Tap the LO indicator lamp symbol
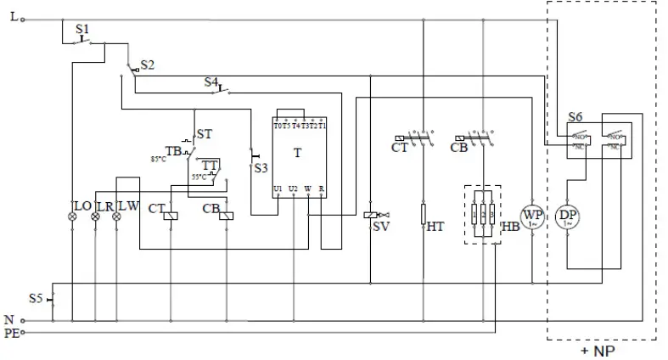point(72,217)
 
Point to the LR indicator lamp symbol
point(95,217)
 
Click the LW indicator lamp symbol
point(117,217)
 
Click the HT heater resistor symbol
point(423,213)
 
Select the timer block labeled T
point(298,156)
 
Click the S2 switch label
point(148,65)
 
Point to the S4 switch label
point(211,82)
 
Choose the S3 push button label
point(261,168)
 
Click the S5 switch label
point(35,298)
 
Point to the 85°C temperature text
point(158,159)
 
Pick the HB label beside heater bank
point(512,226)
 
